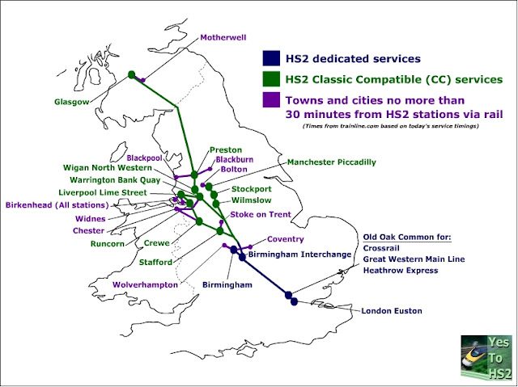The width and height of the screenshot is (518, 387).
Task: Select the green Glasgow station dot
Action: click(131, 75)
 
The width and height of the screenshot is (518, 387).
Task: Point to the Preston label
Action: click(226, 150)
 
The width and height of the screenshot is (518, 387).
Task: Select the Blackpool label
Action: click(146, 158)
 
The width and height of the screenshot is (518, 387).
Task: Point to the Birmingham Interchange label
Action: click(299, 254)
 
